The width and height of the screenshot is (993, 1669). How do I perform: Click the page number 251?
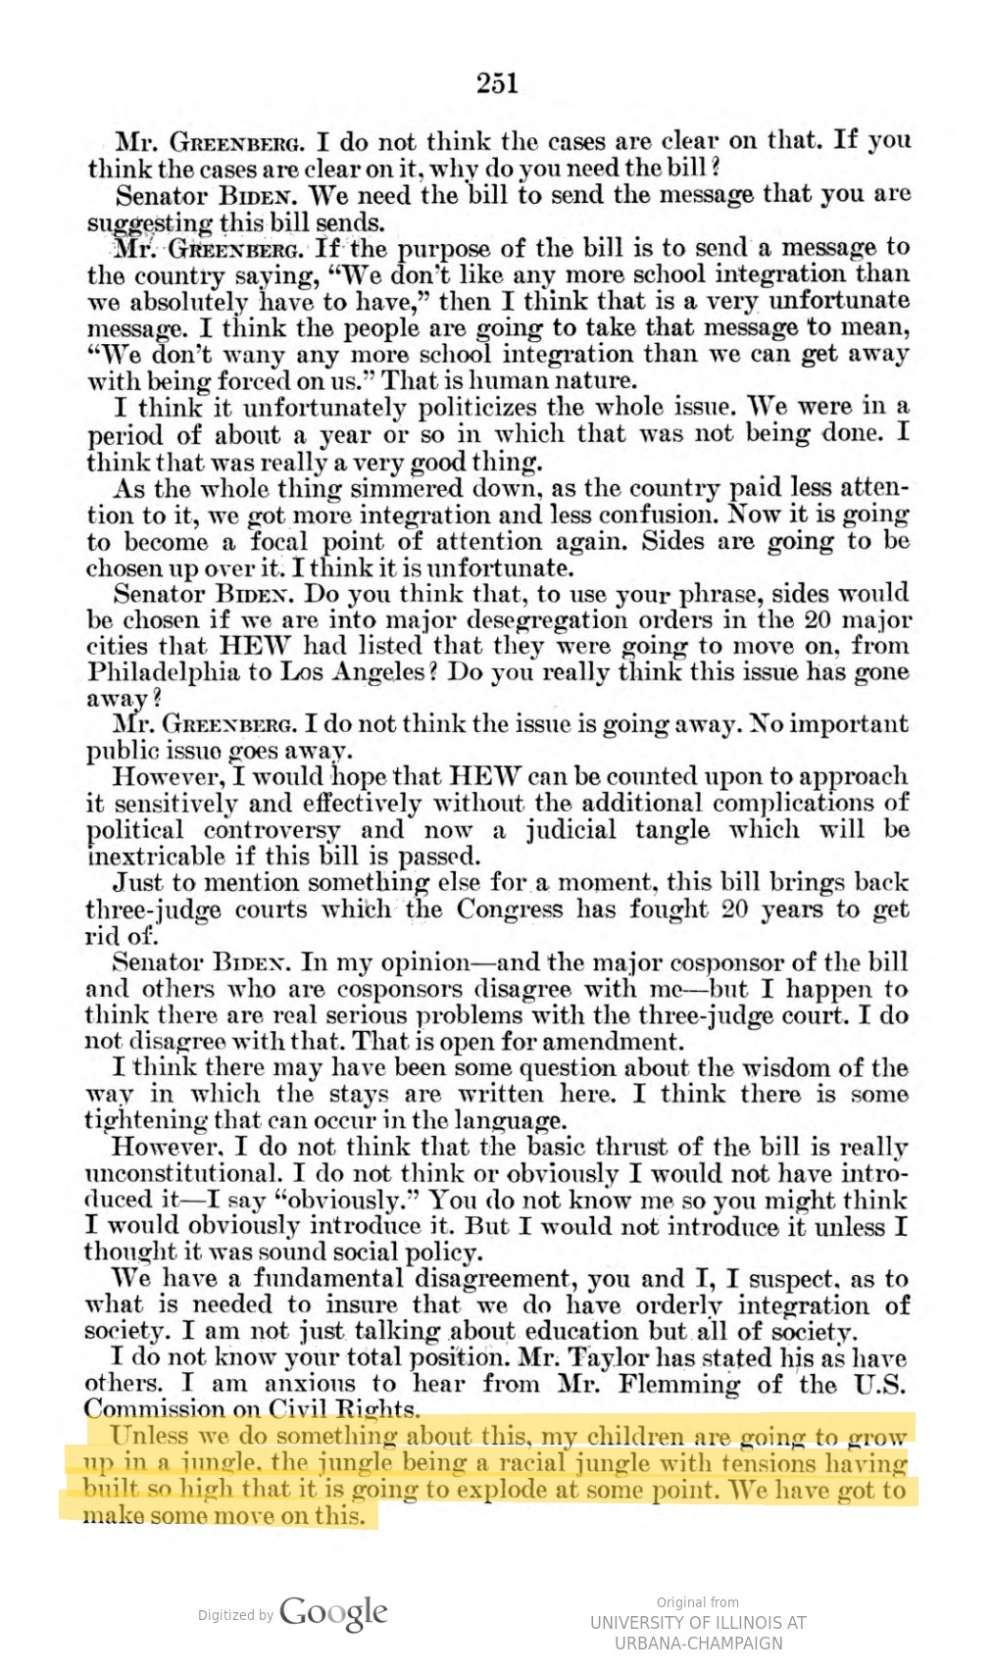pyautogui.click(x=497, y=84)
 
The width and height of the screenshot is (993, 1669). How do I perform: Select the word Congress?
pyautogui.click(x=511, y=909)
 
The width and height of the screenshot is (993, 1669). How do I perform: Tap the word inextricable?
pyautogui.click(x=157, y=857)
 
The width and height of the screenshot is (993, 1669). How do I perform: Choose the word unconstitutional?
pyautogui.click(x=181, y=1173)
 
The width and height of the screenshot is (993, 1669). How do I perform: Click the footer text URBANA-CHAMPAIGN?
pyautogui.click(x=698, y=1643)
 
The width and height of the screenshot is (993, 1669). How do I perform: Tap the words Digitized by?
pyautogui.click(x=235, y=1615)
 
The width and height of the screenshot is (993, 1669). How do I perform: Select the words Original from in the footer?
pyautogui.click(x=697, y=1602)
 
